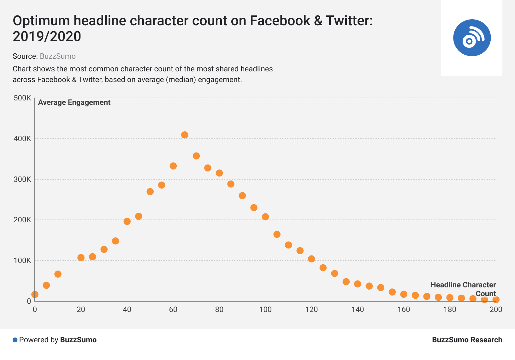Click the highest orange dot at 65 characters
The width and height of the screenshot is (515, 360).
click(x=185, y=135)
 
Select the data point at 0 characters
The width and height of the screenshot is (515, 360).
click(x=35, y=294)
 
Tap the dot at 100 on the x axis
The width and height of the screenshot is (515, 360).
click(x=265, y=217)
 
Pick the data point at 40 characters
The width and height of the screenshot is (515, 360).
click(x=127, y=221)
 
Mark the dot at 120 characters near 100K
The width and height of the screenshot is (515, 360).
click(x=311, y=259)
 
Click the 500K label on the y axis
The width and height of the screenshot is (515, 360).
click(x=22, y=98)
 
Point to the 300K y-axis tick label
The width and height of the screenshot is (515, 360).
click(x=22, y=179)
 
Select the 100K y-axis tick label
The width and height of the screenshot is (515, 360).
click(x=22, y=261)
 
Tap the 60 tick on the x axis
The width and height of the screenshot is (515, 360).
click(x=173, y=309)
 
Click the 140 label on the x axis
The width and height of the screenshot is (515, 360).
click(x=358, y=309)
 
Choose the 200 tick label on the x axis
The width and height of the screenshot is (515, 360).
click(x=495, y=309)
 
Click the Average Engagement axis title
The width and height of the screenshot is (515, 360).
click(x=74, y=102)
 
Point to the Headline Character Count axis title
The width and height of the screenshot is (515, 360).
click(x=463, y=289)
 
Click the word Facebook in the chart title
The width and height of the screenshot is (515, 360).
click(x=280, y=21)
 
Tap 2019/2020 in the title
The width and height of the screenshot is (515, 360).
click(x=47, y=37)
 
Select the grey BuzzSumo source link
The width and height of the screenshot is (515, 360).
click(x=58, y=56)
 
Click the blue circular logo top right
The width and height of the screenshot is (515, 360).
click(x=472, y=38)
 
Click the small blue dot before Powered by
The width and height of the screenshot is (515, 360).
click(x=15, y=340)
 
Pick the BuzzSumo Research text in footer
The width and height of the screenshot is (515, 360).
click(x=467, y=340)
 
